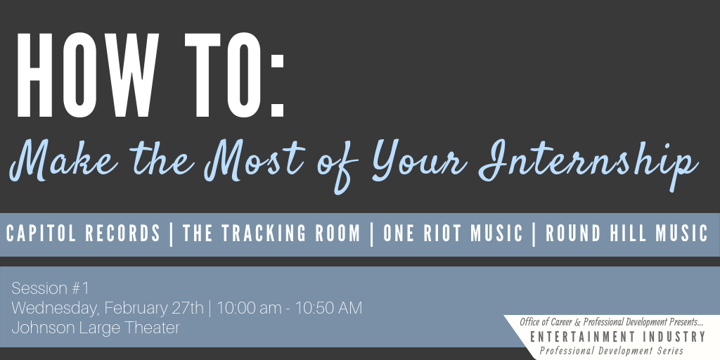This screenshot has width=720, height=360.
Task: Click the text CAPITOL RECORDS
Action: pos(84,233)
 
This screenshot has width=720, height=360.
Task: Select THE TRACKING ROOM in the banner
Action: pos(271,233)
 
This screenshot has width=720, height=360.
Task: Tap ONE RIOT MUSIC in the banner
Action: pos(453,233)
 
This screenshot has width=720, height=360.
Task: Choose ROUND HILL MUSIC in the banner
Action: pos(626,233)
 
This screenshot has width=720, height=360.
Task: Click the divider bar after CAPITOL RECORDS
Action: pos(172,234)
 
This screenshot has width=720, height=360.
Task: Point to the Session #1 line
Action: pos(50,288)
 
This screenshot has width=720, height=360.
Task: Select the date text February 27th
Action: pos(154,308)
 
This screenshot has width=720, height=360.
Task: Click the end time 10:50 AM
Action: pos(328,308)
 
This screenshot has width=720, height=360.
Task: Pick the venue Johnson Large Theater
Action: pos(96,328)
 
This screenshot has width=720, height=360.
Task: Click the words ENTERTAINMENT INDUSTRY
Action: pos(617,337)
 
